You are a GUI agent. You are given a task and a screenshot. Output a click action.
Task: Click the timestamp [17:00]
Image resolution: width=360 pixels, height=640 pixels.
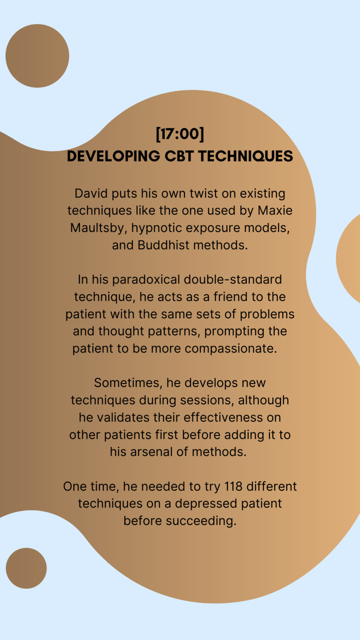pos(180,134)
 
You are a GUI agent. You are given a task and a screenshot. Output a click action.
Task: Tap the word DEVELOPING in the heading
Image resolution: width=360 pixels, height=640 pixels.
pos(113,156)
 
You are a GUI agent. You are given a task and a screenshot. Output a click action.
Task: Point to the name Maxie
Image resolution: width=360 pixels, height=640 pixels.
pos(275,211)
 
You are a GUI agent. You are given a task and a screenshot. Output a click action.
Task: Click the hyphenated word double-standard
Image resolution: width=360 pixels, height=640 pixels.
pos(233,280)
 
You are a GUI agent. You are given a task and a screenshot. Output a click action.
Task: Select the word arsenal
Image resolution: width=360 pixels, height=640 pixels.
pos(151,452)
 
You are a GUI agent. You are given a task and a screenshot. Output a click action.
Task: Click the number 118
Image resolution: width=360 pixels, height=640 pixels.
pos(233,487)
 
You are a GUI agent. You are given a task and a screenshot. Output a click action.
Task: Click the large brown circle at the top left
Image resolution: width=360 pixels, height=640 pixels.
pos(37,56)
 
